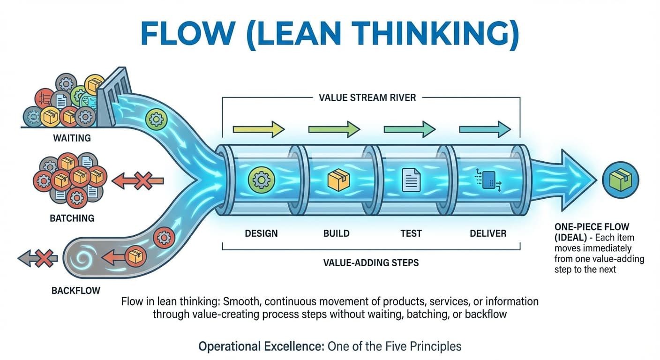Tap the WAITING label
[72, 138]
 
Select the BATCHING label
[72, 218]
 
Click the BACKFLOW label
[75, 291]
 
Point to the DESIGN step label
[261, 233]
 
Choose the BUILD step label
[336, 233]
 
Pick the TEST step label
[411, 233]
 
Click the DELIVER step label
[488, 233]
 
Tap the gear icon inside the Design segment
[260, 180]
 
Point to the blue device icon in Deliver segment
[488, 180]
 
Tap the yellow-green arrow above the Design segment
[258, 128]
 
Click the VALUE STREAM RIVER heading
[367, 98]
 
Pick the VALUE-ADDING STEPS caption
[371, 262]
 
